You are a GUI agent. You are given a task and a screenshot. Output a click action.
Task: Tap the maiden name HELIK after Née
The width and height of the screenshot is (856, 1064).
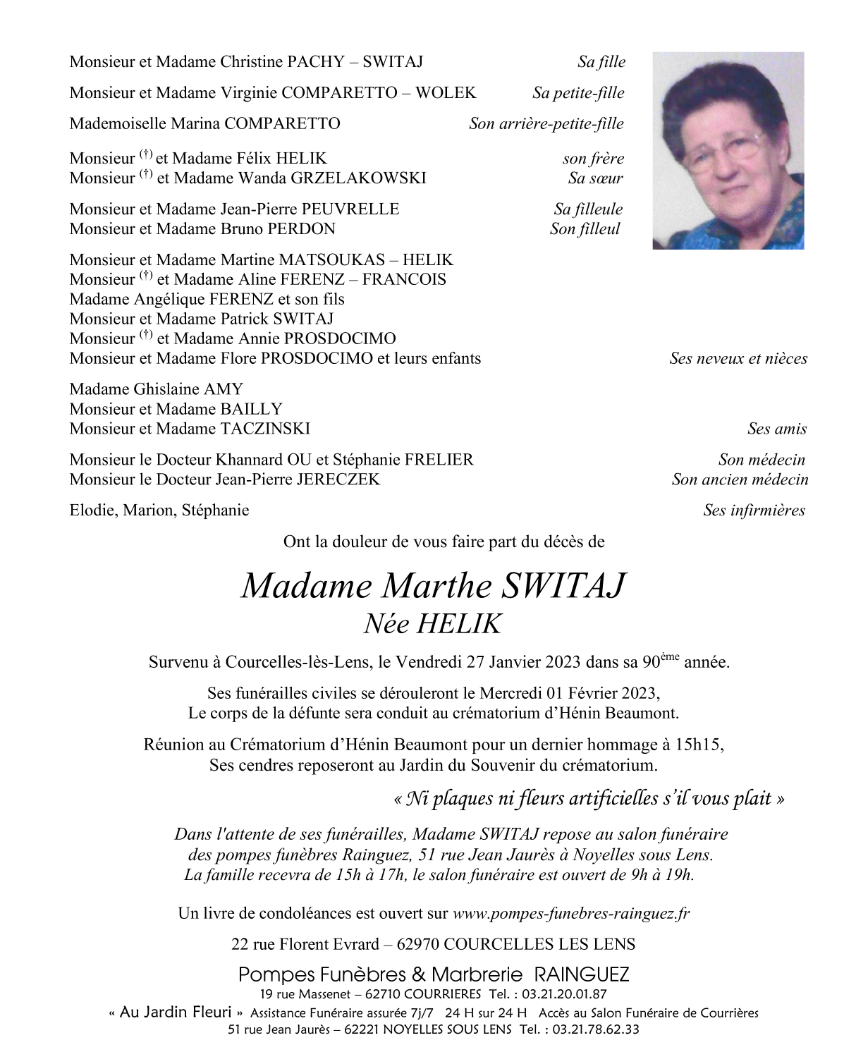click(459, 624)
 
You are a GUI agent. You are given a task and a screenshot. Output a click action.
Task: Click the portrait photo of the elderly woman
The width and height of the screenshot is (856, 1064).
click(728, 150)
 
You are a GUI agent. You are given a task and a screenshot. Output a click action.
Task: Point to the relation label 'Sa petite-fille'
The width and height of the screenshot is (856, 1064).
click(578, 93)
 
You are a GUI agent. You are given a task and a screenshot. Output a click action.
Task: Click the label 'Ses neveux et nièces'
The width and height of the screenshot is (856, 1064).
click(738, 359)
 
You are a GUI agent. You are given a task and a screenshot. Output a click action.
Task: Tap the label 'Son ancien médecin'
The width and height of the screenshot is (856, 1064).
click(740, 480)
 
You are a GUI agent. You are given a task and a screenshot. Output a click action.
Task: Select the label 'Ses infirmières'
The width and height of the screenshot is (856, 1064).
click(754, 510)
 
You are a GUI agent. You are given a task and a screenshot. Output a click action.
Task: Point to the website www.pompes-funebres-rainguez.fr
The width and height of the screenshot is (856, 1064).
click(570, 914)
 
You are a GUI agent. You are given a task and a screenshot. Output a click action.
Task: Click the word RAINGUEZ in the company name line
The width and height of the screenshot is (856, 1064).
click(582, 975)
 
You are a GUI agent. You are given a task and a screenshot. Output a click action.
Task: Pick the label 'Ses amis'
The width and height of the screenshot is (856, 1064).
click(777, 429)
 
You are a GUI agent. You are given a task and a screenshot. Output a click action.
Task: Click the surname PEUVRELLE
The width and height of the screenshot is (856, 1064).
click(350, 209)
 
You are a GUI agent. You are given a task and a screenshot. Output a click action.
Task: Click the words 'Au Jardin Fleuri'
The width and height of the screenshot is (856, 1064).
click(176, 1013)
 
